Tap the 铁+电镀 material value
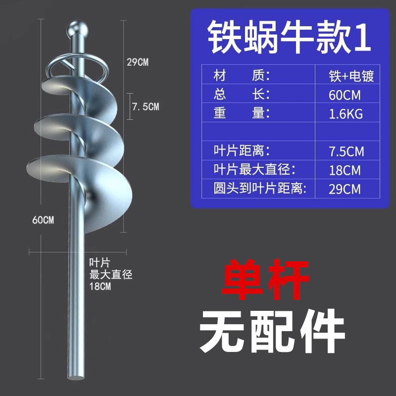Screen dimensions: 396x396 [351, 77]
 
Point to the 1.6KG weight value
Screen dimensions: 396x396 [346, 114]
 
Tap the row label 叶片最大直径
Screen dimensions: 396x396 [254, 169]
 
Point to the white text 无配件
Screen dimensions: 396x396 [271, 329]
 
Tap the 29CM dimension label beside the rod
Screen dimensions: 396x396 [137, 62]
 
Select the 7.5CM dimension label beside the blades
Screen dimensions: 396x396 [145, 106]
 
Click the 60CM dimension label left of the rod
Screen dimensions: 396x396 [43, 220]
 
